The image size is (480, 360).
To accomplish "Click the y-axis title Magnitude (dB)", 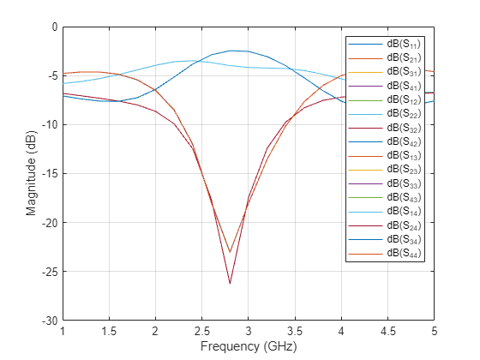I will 31,173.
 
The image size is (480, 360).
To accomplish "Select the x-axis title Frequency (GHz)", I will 248,348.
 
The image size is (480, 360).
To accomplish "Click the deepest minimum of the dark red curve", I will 230,284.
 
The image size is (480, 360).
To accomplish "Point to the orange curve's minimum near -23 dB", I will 230,252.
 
